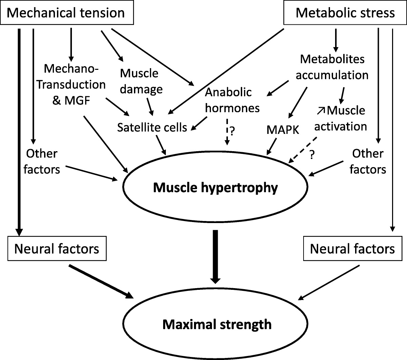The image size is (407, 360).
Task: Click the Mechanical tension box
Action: [x=66, y=13]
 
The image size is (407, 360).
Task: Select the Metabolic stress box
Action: [x=345, y=13]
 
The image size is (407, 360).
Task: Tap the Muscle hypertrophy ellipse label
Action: [x=215, y=187]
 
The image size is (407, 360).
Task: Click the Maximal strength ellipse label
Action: [x=217, y=324]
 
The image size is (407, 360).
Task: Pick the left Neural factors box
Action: [x=57, y=249]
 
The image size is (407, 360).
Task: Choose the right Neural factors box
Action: [x=352, y=249]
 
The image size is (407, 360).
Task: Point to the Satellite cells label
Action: [x=152, y=127]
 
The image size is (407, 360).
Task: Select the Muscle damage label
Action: [x=141, y=81]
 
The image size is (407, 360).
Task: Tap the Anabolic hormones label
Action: [x=233, y=100]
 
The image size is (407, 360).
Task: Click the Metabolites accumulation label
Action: [x=332, y=67]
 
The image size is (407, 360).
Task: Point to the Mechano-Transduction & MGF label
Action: [x=71, y=84]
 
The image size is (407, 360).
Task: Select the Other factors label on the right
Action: [x=368, y=161]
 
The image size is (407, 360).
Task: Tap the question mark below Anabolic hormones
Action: [x=233, y=130]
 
